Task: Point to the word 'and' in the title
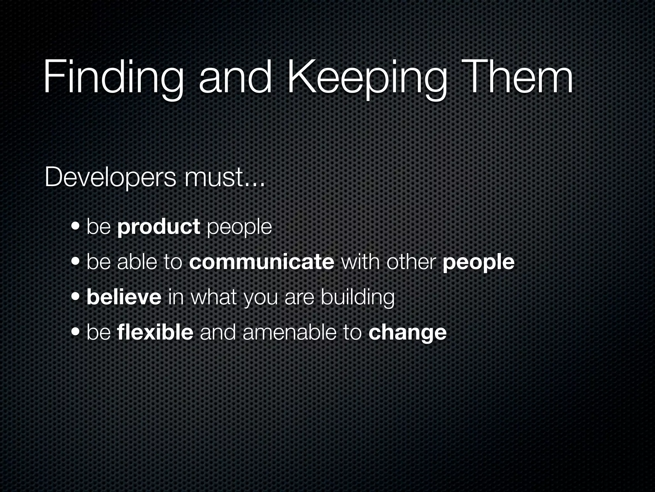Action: pyautogui.click(x=235, y=78)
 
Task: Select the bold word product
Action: pyautogui.click(x=159, y=227)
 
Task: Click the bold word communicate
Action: pyautogui.click(x=262, y=262)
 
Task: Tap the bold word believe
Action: pyautogui.click(x=124, y=297)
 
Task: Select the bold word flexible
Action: pyautogui.click(x=155, y=332)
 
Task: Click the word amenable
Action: pyautogui.click(x=289, y=332)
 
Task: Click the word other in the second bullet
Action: pyautogui.click(x=411, y=262)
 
